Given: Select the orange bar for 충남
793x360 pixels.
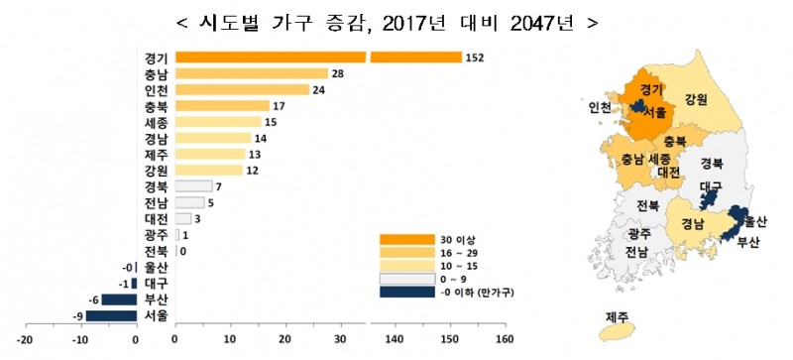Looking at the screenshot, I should [251, 73].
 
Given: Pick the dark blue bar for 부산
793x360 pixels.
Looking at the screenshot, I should [118, 300].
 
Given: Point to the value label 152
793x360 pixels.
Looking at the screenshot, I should [474, 58].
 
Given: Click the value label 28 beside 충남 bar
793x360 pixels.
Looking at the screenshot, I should [338, 73].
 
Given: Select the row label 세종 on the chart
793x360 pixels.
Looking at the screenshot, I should [156, 122].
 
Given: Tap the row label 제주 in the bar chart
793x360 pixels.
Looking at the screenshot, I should [156, 154].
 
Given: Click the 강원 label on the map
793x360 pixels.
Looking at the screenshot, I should [696, 97].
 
